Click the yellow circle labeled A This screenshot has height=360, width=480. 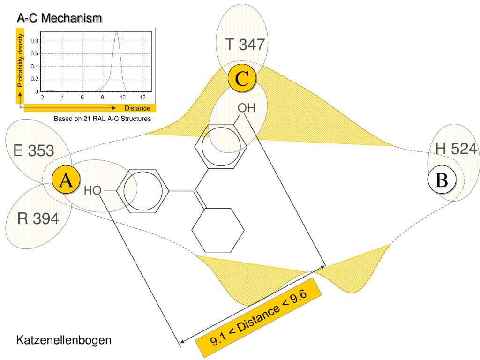[x=66, y=180]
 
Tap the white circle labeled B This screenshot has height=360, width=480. [x=442, y=180]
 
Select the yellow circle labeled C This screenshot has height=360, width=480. [x=242, y=79]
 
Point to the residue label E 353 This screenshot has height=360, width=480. [x=34, y=151]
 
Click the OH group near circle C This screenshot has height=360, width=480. [x=246, y=108]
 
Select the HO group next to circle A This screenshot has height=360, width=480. [x=92, y=191]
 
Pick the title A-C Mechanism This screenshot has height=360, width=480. [x=59, y=18]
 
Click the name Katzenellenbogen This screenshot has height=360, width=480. [x=64, y=340]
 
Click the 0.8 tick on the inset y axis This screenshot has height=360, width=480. [x=35, y=41]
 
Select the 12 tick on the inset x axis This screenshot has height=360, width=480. [x=142, y=97]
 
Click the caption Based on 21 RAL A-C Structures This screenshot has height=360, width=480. [x=102, y=119]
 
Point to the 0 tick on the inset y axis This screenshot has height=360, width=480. [x=37, y=91]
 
